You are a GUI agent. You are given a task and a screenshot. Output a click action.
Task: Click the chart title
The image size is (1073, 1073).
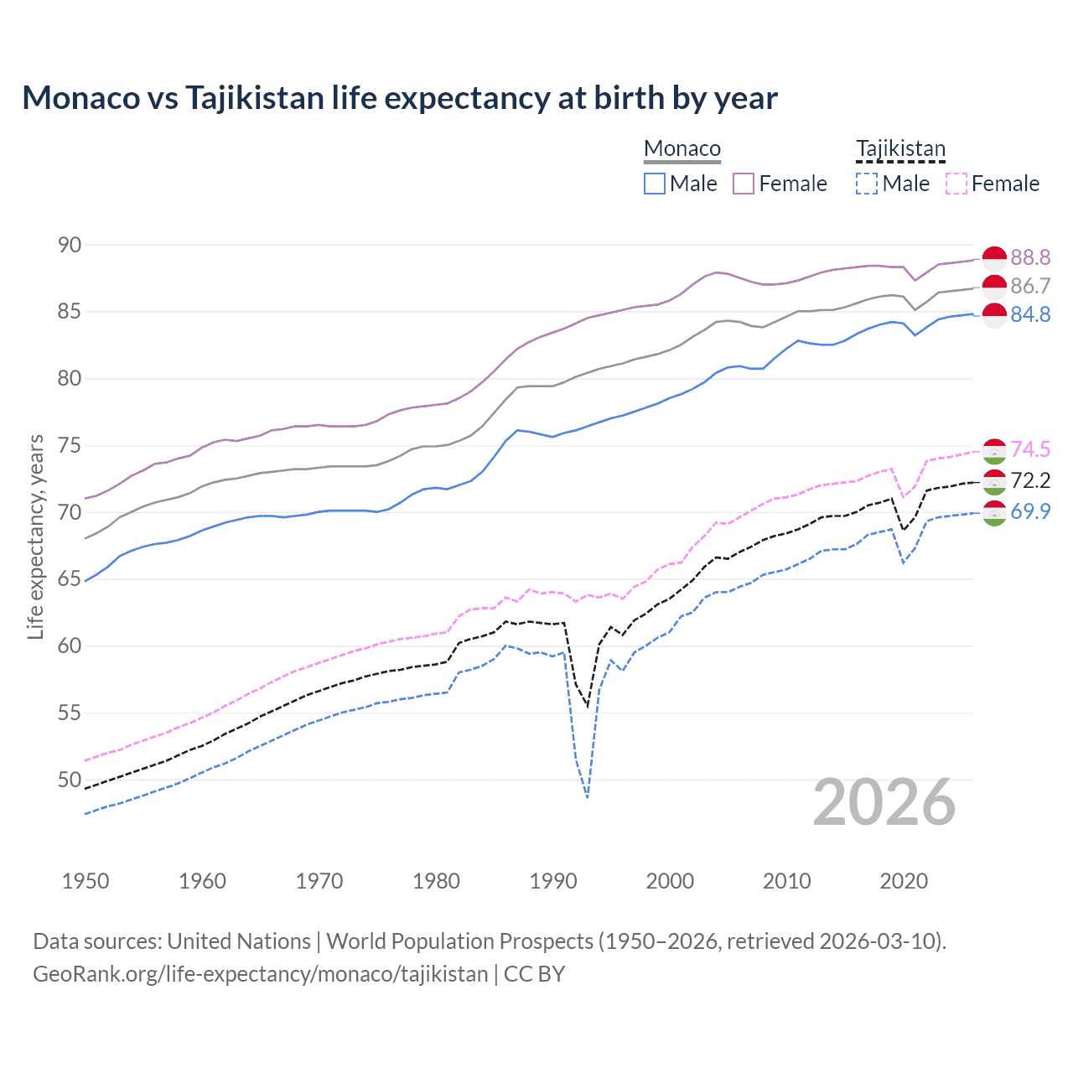pyautogui.click(x=400, y=98)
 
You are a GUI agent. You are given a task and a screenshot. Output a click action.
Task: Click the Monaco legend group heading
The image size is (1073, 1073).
pyautogui.click(x=682, y=149)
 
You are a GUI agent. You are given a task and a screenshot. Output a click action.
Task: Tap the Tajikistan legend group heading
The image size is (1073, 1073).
pyautogui.click(x=900, y=149)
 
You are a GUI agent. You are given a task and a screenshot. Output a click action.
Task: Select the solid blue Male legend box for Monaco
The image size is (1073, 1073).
pyautogui.click(x=655, y=184)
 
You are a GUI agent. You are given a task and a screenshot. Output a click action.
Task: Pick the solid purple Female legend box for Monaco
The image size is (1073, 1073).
pyautogui.click(x=744, y=184)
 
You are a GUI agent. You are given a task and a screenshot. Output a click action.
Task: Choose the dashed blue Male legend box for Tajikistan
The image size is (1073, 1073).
pyautogui.click(x=867, y=184)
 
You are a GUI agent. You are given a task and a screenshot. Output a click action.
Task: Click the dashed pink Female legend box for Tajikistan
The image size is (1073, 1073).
pyautogui.click(x=956, y=184)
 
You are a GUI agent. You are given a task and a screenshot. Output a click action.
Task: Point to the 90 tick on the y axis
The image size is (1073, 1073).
pyautogui.click(x=70, y=245)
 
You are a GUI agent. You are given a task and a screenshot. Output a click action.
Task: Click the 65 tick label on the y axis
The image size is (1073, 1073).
pyautogui.click(x=70, y=579)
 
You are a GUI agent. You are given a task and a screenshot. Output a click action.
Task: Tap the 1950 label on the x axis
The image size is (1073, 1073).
pyautogui.click(x=86, y=881)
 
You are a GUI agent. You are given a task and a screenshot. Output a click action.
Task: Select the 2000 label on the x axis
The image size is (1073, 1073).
pyautogui.click(x=670, y=881)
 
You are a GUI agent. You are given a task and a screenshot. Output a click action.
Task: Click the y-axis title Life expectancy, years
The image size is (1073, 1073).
pyautogui.click(x=35, y=536)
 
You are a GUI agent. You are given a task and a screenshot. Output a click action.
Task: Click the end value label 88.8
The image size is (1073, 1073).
pyautogui.click(x=1030, y=257)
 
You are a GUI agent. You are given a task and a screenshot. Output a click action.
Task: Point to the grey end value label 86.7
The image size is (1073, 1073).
pyautogui.click(x=1030, y=286)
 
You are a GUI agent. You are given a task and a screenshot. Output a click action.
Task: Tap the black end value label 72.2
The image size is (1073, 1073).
pyautogui.click(x=1030, y=480)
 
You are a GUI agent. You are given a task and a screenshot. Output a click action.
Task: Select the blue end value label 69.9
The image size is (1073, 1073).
pyautogui.click(x=1030, y=511)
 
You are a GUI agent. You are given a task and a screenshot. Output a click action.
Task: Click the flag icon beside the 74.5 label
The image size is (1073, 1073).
pyautogui.click(x=994, y=451)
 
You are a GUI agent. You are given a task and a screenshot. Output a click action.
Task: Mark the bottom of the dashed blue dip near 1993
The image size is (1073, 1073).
pyautogui.click(x=588, y=797)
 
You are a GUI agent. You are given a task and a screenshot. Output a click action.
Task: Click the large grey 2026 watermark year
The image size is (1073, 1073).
pyautogui.click(x=884, y=802)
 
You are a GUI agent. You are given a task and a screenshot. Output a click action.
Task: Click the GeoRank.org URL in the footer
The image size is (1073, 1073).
pyautogui.click(x=260, y=974)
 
